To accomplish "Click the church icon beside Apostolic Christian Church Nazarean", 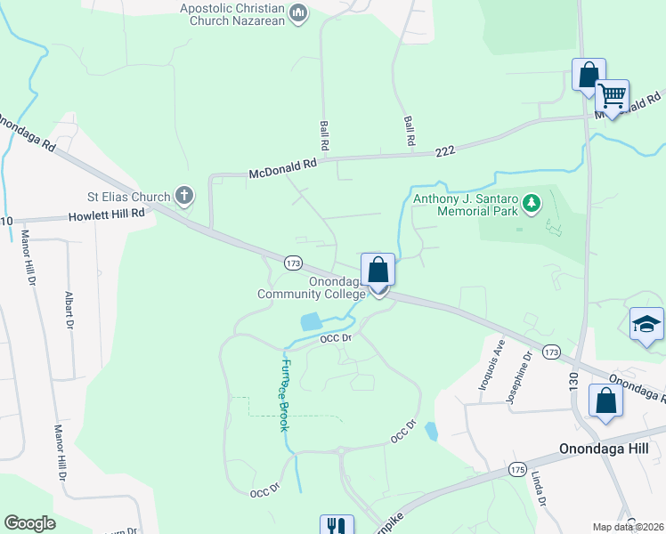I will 298,13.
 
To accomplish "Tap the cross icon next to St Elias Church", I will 183,196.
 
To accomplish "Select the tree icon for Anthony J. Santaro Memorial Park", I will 532,204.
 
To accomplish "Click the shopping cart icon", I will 612,94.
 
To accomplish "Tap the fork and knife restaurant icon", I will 337,527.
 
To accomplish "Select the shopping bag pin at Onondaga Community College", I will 378,269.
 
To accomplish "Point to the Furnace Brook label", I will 280,394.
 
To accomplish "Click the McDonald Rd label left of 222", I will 283,165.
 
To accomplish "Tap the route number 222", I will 446,152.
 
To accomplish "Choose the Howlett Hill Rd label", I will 107,215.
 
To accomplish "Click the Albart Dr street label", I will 69,308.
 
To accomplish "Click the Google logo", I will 29,523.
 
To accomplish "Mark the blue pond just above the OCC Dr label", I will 311,321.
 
